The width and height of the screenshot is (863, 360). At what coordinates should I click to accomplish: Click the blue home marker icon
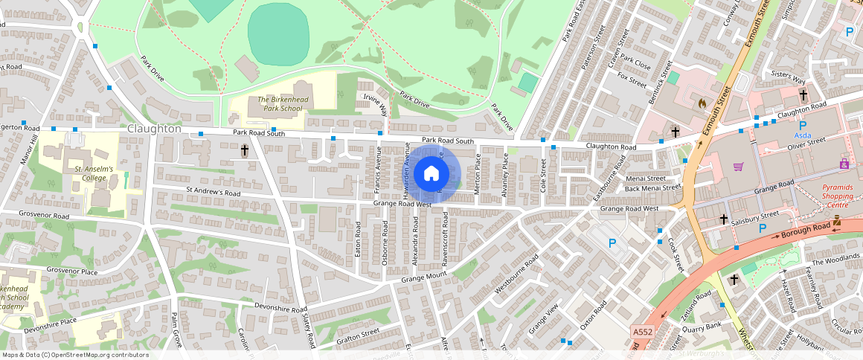click(431, 174)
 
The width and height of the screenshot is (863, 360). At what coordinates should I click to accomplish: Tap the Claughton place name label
click(154, 129)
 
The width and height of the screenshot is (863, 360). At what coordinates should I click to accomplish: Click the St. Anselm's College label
click(93, 174)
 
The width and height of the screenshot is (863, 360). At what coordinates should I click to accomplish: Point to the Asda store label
click(803, 137)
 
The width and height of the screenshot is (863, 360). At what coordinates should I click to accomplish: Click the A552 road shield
click(642, 332)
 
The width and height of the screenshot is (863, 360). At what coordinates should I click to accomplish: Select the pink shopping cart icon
click(738, 167)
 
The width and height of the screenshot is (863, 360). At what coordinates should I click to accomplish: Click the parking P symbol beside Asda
click(803, 125)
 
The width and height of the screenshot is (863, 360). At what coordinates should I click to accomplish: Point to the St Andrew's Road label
click(213, 192)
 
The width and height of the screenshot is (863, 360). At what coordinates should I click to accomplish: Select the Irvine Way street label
click(374, 105)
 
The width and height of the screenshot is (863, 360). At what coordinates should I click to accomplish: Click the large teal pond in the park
click(277, 34)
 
